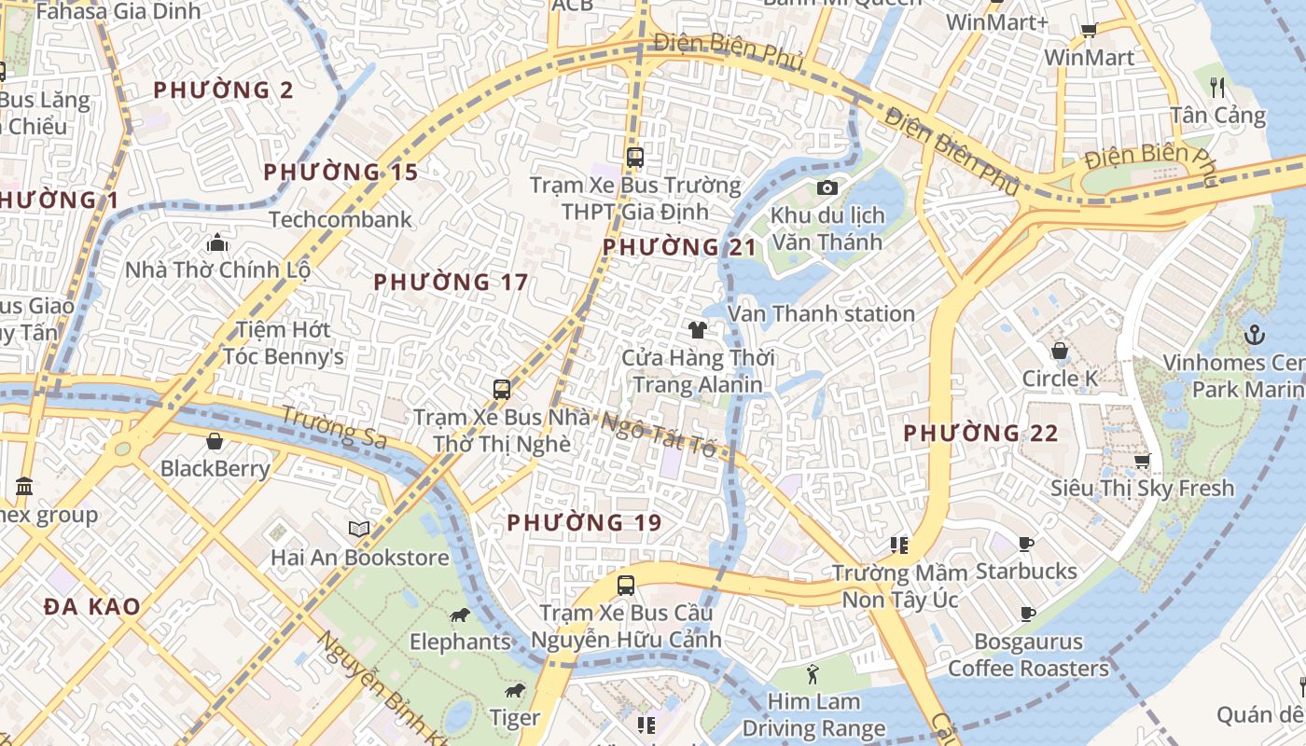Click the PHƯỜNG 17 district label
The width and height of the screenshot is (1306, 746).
[x=451, y=282]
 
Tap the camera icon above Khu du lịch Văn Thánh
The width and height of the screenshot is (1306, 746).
[x=827, y=188]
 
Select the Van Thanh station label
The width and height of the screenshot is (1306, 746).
[x=821, y=313]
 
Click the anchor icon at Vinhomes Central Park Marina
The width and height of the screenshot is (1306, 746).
[x=1255, y=334]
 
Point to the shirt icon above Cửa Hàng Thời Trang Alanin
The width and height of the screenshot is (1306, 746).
[x=697, y=329]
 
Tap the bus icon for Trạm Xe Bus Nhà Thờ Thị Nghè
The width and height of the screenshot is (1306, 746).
[x=502, y=390]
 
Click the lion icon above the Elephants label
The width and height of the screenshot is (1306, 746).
[x=459, y=615]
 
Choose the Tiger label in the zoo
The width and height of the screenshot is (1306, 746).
[x=515, y=717]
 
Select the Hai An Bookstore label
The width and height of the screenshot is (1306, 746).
[x=359, y=558]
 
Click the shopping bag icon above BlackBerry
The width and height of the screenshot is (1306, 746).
[x=215, y=441]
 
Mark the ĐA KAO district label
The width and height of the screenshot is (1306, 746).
[x=91, y=606]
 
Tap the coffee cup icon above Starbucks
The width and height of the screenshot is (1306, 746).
[x=1026, y=544]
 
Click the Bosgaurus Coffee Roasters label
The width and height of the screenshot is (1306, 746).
[x=1028, y=655]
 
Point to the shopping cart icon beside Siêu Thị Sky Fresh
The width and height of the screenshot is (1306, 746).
[x=1142, y=461]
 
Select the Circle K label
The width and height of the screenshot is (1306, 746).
[x=1060, y=379]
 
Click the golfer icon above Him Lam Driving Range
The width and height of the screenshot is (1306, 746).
[x=813, y=672]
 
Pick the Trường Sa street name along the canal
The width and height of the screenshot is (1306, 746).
[x=333, y=427]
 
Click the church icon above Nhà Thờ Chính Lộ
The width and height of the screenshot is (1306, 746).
[x=217, y=243]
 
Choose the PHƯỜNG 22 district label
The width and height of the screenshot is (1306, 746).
[x=980, y=433]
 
